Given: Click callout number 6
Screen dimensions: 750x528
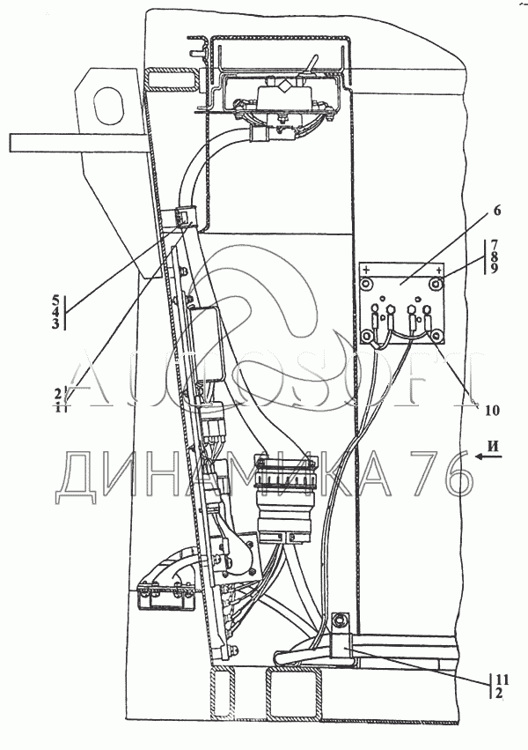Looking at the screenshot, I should [497, 211].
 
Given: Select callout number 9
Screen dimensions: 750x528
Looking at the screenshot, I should [495, 269].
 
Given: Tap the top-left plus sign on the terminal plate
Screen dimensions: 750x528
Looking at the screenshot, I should [366, 269].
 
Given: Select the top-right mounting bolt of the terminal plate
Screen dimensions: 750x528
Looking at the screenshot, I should [437, 284].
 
